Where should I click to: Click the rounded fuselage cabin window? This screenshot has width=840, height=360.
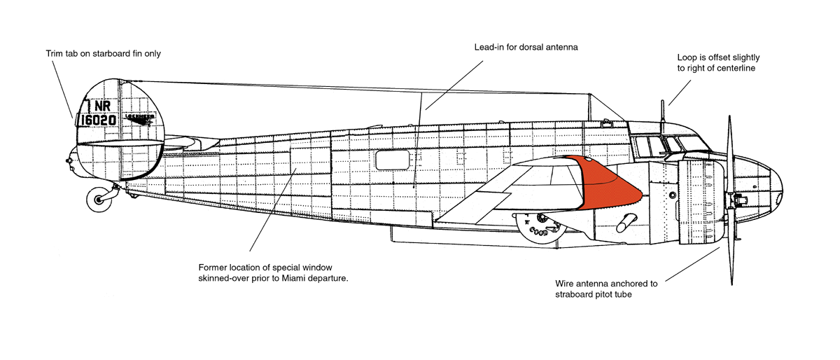[x=391, y=160]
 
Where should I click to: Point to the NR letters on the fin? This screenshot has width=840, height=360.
[x=101, y=106]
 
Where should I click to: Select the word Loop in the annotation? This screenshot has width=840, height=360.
[x=687, y=57]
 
